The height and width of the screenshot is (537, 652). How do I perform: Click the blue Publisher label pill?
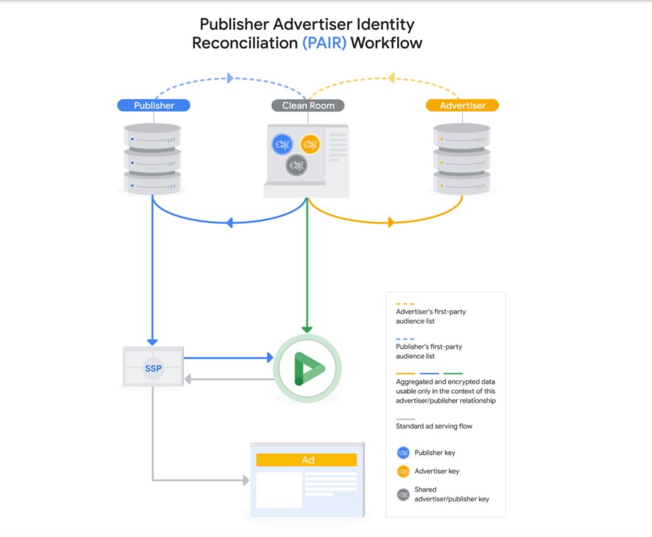[x=154, y=106]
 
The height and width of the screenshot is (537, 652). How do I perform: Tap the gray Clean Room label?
[x=308, y=106]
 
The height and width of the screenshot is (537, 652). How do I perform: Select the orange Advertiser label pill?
[x=462, y=106]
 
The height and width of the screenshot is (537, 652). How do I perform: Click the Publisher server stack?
[x=152, y=159]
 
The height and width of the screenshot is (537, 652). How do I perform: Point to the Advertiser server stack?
[x=462, y=159]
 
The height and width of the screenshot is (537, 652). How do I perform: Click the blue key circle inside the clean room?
[x=281, y=145]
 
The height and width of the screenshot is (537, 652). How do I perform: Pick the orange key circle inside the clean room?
[x=310, y=144]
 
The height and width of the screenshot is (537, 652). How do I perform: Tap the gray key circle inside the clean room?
[x=296, y=166]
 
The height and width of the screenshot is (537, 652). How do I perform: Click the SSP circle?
[x=152, y=369]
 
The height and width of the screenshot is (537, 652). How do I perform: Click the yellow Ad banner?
[x=307, y=460]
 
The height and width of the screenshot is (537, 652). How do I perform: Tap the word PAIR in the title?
[x=324, y=44]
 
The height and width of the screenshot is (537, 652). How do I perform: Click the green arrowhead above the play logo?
[x=307, y=328]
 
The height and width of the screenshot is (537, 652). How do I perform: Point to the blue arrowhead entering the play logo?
[x=269, y=358]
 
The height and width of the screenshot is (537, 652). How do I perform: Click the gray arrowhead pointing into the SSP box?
[x=189, y=379]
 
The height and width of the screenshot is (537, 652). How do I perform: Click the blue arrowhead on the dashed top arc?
[x=230, y=78]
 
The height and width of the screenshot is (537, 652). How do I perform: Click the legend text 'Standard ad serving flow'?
[x=434, y=426]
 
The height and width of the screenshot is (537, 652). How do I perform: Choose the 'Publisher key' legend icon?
[x=403, y=453]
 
